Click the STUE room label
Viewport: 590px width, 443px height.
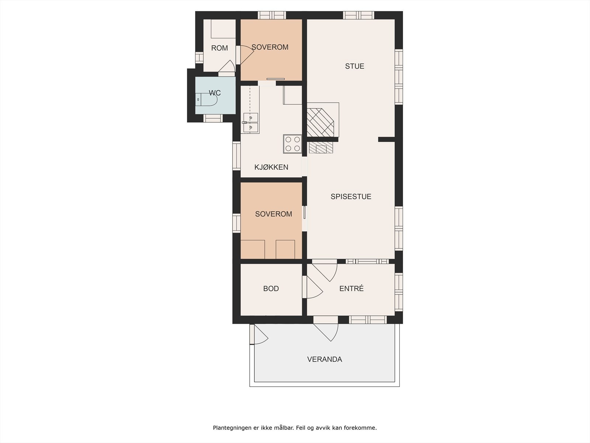point(354,66)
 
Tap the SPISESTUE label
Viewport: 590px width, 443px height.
point(351,197)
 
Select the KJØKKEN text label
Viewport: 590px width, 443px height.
point(271,167)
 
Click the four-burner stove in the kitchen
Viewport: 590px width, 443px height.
point(292,144)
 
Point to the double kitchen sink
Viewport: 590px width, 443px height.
point(251,123)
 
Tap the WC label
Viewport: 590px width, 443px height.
point(215,93)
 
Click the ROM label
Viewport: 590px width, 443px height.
point(219,48)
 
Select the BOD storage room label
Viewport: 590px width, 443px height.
point(271,289)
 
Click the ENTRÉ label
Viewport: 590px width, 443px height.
point(351,289)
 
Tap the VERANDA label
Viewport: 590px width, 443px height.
point(324,359)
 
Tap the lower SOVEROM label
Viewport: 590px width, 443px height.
point(273,214)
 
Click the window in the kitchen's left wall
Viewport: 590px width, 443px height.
point(236,156)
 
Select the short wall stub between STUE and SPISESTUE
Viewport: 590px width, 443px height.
point(386,139)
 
